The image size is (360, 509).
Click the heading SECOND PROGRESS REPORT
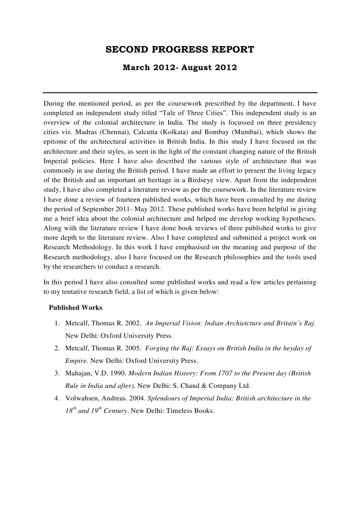point(180,50)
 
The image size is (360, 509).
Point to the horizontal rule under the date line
point(180,92)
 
